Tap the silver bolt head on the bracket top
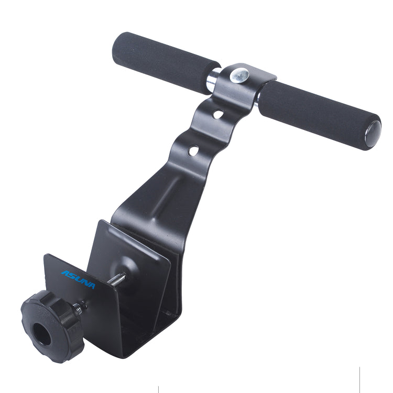click(241, 75)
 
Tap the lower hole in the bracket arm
click(194, 150)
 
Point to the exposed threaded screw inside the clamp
click(116, 280)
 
